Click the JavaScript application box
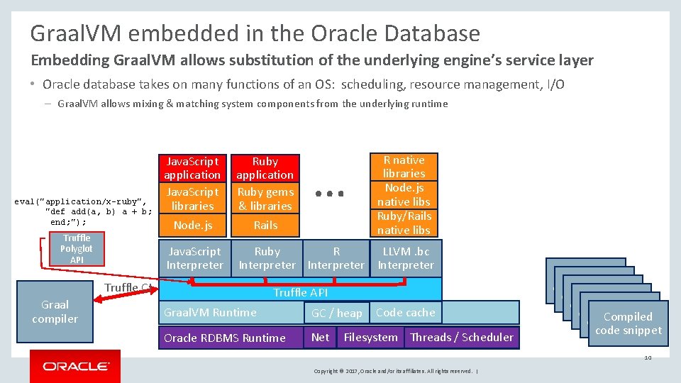[192, 168]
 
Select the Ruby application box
[265, 168]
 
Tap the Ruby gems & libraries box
[265, 199]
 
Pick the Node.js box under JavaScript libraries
[192, 225]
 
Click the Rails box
[265, 225]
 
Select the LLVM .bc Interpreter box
[405, 258]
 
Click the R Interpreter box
[336, 258]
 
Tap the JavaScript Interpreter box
[194, 258]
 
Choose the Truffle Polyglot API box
[76, 249]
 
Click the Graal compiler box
[55, 311]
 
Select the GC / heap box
[336, 313]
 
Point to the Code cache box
[405, 312]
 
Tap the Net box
[320, 338]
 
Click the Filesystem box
[370, 338]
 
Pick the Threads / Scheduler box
[461, 338]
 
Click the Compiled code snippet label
[628, 323]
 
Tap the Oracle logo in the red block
[75, 366]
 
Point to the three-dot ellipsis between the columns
[330, 193]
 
